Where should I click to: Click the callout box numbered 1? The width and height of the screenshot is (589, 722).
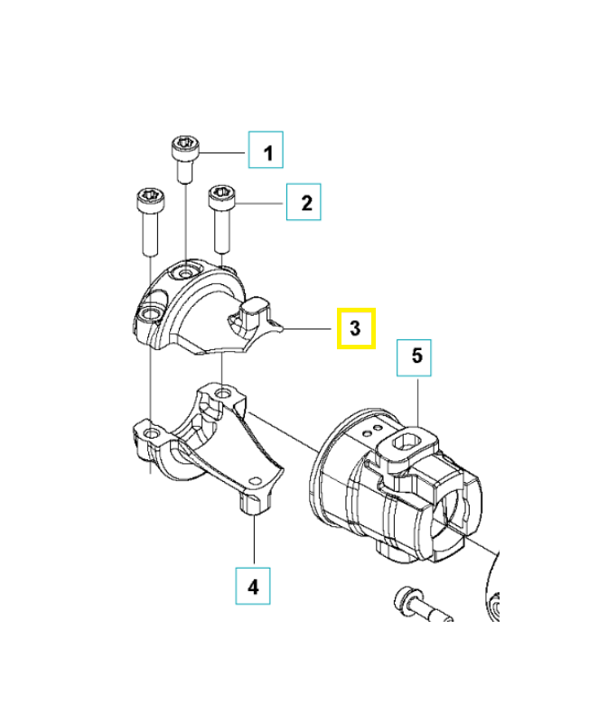tap(266, 151)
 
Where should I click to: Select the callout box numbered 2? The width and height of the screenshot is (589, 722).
tap(304, 202)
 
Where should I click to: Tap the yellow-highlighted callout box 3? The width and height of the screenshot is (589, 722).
tap(356, 329)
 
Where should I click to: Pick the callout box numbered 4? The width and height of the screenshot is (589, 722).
tap(253, 587)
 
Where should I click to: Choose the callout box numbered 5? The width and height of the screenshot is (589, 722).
tap(416, 356)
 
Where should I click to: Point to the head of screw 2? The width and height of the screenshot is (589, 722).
tap(222, 194)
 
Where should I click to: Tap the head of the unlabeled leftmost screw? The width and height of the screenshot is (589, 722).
tap(147, 196)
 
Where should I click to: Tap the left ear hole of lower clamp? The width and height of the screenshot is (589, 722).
tap(150, 436)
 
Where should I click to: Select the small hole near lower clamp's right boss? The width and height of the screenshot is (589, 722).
tap(253, 502)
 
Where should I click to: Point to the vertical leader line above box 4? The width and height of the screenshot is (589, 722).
tap(254, 541)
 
